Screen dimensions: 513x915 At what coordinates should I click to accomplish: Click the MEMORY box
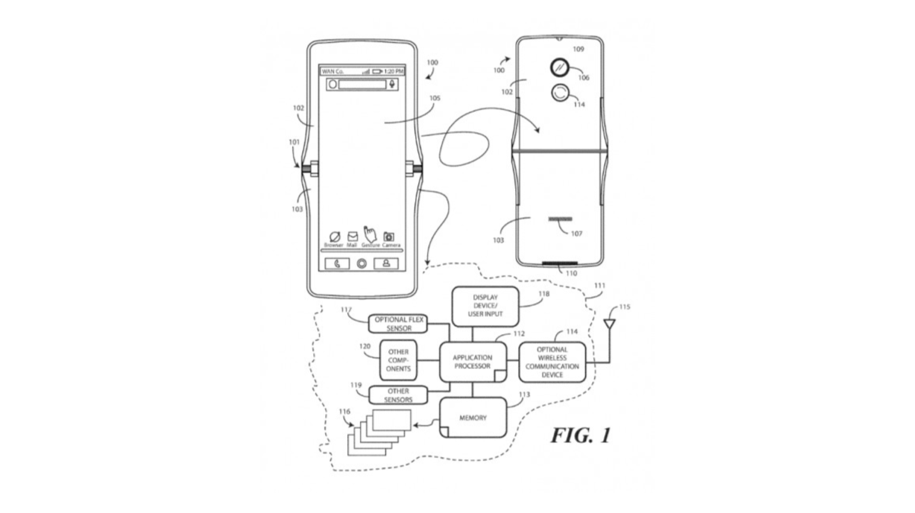tap(473, 418)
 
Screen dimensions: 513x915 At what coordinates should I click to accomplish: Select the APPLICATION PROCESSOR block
tap(473, 362)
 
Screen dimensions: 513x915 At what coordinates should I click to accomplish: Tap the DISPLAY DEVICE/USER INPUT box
tap(485, 306)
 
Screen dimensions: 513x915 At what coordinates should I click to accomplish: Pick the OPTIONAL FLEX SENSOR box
tap(398, 324)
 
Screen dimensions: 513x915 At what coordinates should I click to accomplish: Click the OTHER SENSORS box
tap(398, 395)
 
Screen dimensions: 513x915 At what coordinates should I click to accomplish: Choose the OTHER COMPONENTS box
tap(398, 360)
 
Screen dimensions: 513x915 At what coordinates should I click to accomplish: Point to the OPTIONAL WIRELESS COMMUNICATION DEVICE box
tap(552, 362)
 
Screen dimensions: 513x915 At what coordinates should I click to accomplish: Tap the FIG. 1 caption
tap(581, 435)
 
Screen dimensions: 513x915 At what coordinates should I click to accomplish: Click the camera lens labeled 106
tap(560, 68)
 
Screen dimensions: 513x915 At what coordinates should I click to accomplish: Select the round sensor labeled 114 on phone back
tap(560, 93)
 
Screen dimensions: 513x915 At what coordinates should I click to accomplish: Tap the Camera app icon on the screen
tap(389, 237)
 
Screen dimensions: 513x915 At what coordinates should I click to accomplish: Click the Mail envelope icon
tap(352, 236)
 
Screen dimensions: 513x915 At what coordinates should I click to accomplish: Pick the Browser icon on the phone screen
tap(334, 237)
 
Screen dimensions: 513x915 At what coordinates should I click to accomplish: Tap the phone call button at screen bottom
tap(337, 264)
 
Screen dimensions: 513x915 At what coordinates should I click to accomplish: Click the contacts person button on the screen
tap(386, 263)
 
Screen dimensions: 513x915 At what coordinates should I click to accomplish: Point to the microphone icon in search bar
tap(392, 84)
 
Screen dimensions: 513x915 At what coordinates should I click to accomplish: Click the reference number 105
tap(435, 98)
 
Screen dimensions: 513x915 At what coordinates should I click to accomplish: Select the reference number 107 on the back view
tap(576, 233)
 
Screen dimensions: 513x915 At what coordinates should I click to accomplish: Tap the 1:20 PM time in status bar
tap(393, 71)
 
